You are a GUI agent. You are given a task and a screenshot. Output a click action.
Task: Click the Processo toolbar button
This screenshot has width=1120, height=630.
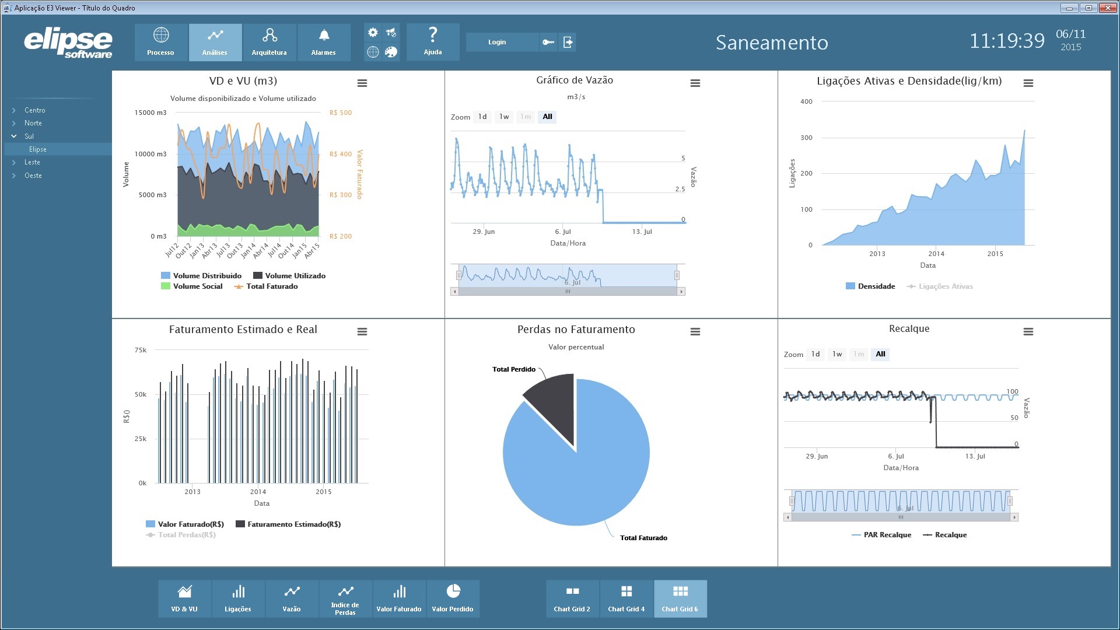161,42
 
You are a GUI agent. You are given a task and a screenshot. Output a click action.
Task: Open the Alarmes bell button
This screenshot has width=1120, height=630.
324,42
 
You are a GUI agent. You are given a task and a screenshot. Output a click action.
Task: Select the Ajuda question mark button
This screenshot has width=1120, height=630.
433,42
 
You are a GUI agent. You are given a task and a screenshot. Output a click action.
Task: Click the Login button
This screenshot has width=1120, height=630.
497,42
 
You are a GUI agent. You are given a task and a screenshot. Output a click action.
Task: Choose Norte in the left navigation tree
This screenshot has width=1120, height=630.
33,123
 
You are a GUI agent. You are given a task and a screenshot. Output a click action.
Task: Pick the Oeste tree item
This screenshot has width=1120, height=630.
33,176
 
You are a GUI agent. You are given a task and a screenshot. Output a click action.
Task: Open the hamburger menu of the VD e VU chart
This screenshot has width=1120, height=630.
362,83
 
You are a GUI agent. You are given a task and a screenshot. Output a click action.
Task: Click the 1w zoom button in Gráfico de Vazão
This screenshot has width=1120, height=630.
504,117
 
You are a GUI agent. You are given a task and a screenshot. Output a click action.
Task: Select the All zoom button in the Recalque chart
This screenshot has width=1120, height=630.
880,354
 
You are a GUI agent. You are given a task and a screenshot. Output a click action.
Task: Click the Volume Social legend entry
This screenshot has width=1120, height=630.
192,286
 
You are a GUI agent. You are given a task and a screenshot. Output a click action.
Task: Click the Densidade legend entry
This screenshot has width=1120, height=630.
870,286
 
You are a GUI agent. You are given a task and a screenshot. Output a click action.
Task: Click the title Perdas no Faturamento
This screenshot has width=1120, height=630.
576,330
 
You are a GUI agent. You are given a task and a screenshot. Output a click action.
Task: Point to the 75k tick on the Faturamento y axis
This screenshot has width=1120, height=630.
141,350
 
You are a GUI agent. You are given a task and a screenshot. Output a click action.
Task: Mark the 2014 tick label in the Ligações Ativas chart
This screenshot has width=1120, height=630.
936,254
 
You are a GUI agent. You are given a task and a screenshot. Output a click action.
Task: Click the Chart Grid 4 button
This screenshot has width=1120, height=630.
626,598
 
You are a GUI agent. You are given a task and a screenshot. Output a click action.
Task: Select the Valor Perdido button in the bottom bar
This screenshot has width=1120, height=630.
453,598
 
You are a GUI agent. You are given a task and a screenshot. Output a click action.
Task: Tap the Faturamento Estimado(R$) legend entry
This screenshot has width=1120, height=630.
288,524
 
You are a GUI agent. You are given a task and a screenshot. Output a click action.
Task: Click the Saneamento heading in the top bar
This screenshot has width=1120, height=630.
772,43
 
